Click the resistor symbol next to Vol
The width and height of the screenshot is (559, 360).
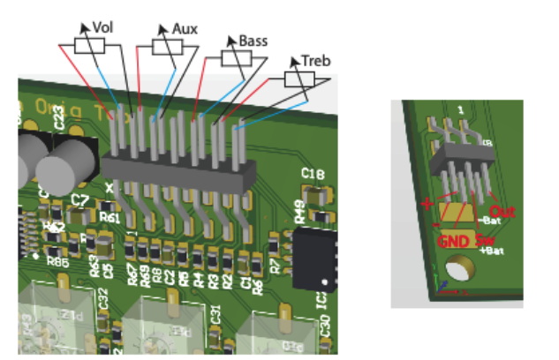[88, 45]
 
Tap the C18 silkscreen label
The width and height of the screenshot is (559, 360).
[312, 173]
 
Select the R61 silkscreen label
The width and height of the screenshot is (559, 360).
[111, 217]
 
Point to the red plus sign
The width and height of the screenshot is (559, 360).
[429, 204]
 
